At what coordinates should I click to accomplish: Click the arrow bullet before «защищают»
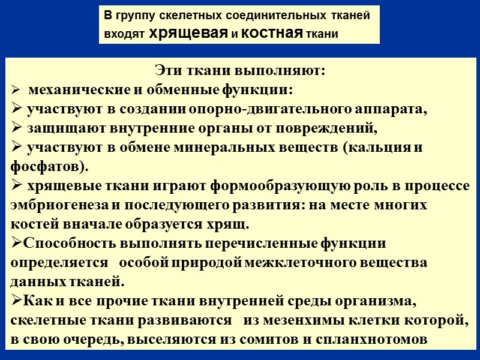pyautogui.click(x=17, y=129)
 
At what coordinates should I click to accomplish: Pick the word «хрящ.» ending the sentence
pyautogui.click(x=232, y=224)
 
